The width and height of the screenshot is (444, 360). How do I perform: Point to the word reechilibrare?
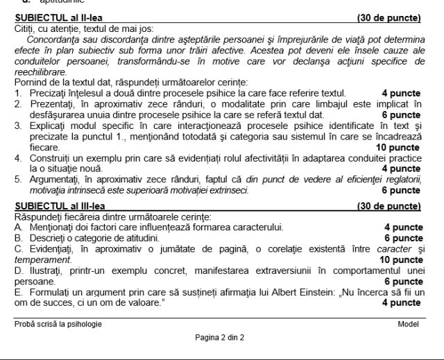(41, 71)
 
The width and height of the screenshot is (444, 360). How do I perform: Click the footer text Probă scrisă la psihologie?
(58, 324)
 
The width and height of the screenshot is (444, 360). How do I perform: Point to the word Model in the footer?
(409, 324)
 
